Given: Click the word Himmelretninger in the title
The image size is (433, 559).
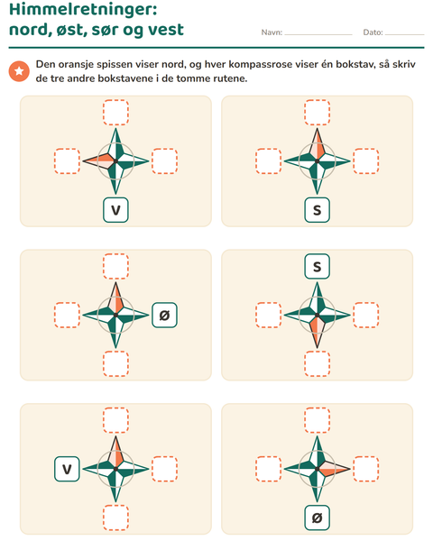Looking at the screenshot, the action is pos(83,10).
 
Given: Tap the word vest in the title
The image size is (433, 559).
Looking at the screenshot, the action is pos(166,30).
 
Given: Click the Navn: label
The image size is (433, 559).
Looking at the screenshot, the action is pos(272,32).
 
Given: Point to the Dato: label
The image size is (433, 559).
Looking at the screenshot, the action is pos(373,32).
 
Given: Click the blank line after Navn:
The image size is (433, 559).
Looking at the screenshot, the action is pos(318,34).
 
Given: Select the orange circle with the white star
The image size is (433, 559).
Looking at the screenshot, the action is pos(19,71).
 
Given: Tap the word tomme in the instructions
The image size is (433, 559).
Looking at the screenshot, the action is pos(193,78).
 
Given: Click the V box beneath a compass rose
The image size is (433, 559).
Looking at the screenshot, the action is pos(115,210).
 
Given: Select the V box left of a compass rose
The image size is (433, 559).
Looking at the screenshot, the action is pos(67,469).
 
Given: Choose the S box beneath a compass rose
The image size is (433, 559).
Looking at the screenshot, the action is pos(317,210).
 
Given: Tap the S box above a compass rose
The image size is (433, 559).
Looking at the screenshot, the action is pos(317,266).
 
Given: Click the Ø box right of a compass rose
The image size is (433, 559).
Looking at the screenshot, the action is pos(164,315).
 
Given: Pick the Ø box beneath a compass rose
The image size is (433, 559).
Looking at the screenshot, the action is pos(317,518).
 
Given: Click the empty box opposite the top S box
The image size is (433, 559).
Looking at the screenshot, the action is pos(317,363).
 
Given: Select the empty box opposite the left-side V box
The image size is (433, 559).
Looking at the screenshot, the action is pos(164,469).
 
